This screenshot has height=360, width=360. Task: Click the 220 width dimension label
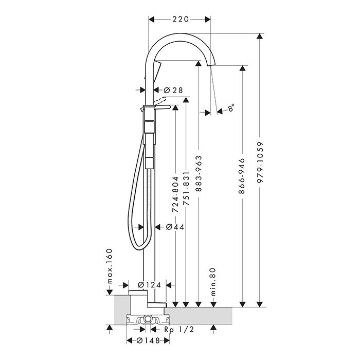point(179,19)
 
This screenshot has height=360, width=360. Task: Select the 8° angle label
point(231,107)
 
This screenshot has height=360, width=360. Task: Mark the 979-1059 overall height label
point(260,165)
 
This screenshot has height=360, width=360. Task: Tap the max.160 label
point(110,267)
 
